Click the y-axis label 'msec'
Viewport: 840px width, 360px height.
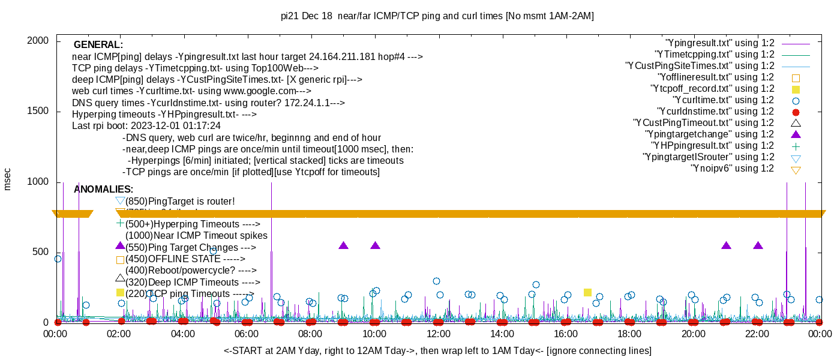click(x=8, y=179)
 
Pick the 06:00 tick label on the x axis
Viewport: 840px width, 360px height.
click(x=247, y=334)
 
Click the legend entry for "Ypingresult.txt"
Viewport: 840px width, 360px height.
click(x=720, y=43)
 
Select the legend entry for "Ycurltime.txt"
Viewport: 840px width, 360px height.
click(x=724, y=100)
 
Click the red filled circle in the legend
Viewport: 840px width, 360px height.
click(x=796, y=112)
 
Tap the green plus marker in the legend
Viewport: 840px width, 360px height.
click(x=796, y=146)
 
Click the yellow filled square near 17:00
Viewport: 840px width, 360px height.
click(x=587, y=292)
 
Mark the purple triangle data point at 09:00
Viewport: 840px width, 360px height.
click(x=343, y=246)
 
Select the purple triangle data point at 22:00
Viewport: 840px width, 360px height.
click(x=758, y=246)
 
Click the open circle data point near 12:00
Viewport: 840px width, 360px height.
click(x=436, y=281)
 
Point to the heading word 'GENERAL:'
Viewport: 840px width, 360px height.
click(x=98, y=45)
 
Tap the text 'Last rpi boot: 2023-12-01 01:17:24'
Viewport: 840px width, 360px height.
click(x=146, y=126)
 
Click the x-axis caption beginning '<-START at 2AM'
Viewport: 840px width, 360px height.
click(x=437, y=350)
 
